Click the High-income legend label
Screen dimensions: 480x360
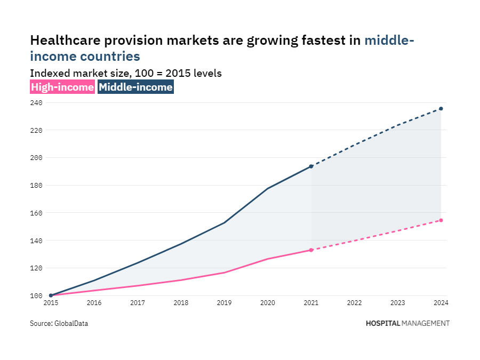point(62,87)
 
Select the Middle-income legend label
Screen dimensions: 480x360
point(135,87)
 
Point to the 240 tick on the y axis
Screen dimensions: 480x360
point(36,102)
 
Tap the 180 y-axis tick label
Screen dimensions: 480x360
point(36,185)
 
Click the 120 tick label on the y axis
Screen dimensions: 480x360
point(36,268)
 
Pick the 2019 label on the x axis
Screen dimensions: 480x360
point(225,303)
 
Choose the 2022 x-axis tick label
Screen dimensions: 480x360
point(355,303)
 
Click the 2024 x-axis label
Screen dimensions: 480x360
point(441,303)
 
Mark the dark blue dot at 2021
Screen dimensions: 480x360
point(311,166)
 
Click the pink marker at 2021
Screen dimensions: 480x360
point(311,250)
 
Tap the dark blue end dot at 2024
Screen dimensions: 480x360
point(441,109)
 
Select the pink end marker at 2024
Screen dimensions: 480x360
point(441,220)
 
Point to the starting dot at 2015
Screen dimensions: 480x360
point(51,295)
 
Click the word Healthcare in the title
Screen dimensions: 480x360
point(66,41)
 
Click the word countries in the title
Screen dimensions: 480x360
point(110,57)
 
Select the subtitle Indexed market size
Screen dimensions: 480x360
point(80,74)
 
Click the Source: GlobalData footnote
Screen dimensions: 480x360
point(59,323)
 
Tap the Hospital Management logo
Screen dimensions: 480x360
point(408,323)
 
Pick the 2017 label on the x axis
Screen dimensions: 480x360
point(138,303)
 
